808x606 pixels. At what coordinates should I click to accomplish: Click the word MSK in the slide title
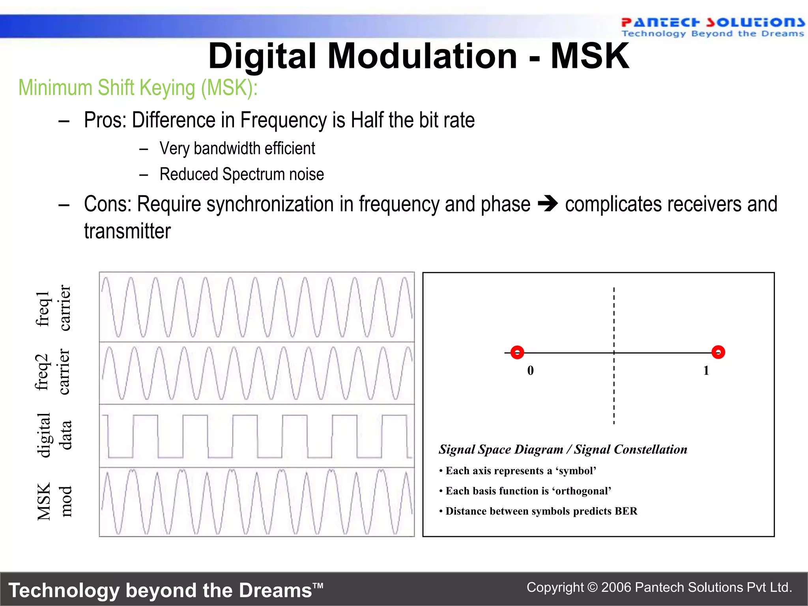589,56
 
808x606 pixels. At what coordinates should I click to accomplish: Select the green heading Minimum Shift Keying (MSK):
138,88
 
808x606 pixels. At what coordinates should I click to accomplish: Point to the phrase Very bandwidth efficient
237,149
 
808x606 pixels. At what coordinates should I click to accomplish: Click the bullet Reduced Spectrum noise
241,174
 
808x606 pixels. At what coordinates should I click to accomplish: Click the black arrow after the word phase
548,204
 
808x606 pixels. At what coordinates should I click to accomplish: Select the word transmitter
127,231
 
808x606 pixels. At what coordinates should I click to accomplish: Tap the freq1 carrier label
53,308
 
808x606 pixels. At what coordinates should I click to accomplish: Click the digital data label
54,435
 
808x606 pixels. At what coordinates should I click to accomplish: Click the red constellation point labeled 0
517,352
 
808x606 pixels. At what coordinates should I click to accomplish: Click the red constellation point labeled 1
718,352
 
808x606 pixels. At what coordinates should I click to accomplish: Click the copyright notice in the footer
659,587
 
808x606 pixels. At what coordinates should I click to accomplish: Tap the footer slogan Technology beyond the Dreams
166,591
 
